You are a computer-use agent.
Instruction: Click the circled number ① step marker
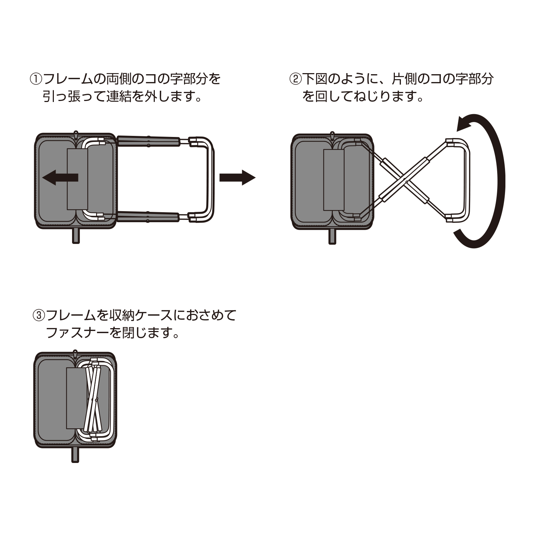pos(36,79)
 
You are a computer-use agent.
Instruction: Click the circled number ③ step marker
pos(39,315)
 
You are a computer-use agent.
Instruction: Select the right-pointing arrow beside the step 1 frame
pos(237,178)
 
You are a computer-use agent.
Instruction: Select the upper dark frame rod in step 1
pos(148,141)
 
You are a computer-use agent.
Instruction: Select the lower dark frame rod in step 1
pos(148,217)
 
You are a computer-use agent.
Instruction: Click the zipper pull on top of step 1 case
pos(76,134)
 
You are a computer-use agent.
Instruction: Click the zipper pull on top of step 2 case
pos(332,136)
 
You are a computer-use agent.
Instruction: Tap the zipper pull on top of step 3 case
pos(75,353)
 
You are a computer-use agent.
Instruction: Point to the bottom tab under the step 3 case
pos(75,455)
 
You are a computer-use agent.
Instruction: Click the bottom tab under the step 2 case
pos(332,237)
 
